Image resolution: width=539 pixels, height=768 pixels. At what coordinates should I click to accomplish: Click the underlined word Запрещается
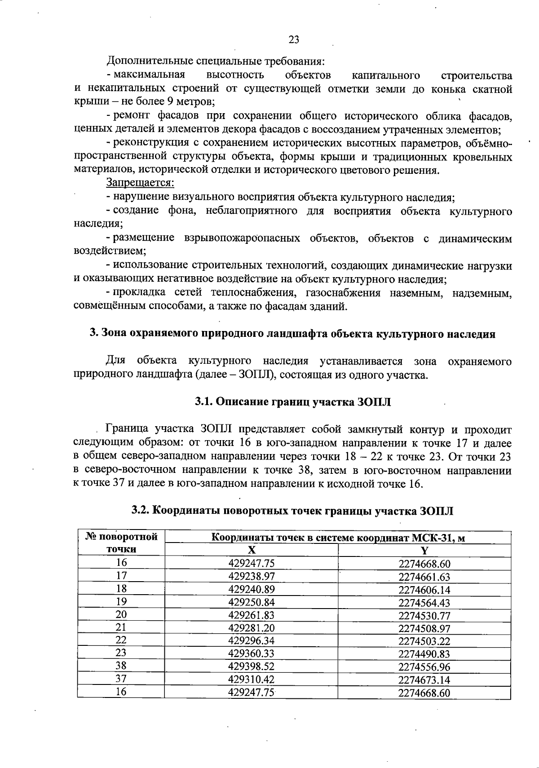tap(140, 183)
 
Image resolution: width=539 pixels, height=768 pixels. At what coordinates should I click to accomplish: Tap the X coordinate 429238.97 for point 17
tap(251, 576)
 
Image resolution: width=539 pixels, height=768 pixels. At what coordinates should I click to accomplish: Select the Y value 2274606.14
tap(424, 590)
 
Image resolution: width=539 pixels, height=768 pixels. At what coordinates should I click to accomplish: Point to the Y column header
tap(424, 550)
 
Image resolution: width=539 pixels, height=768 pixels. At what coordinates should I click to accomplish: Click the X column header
tap(252, 550)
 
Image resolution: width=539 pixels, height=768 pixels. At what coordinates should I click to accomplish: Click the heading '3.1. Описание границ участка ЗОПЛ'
tap(293, 402)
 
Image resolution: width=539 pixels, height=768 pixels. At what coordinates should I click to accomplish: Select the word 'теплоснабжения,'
tap(251, 293)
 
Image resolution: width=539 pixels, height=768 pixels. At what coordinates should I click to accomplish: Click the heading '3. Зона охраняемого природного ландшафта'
tap(293, 334)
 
